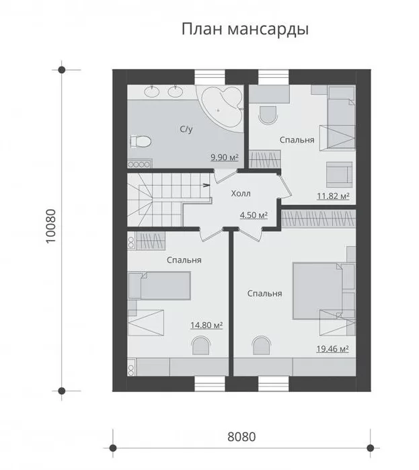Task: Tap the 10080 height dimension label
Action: (x=51, y=226)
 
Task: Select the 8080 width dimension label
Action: (x=241, y=437)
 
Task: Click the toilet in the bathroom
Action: (x=141, y=141)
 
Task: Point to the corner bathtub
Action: (x=222, y=108)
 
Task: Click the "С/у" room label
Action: (x=186, y=129)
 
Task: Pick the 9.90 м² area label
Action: (x=224, y=157)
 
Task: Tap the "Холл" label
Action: (x=241, y=194)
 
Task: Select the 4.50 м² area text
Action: (x=254, y=215)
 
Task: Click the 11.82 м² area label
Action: (x=334, y=196)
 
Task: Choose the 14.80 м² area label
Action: (x=206, y=325)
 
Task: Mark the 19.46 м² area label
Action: (x=332, y=349)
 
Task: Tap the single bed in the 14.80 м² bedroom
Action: (x=159, y=286)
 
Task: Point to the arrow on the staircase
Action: (x=206, y=185)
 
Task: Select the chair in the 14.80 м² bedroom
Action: (x=200, y=346)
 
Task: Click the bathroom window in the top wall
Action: (x=210, y=77)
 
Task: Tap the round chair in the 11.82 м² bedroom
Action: (x=268, y=115)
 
